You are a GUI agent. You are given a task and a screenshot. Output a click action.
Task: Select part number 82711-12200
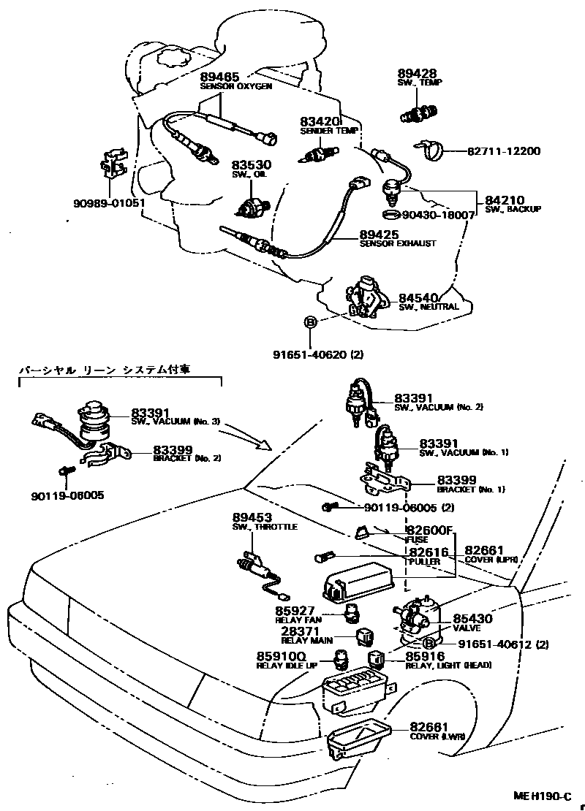pos(504,151)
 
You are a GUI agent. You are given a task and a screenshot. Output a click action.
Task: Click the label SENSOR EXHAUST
pos(397,243)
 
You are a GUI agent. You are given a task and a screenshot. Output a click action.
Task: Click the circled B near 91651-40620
pos(310,322)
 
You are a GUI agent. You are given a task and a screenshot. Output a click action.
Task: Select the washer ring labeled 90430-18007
pos(391,215)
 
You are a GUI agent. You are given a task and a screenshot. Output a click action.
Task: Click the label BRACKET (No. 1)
pos(472,490)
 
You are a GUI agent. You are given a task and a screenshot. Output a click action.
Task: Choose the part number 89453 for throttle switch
pos(251,517)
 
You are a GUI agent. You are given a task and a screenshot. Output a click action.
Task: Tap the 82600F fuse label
pos(430,530)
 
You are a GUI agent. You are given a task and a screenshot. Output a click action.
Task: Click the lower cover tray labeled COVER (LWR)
pos(358,738)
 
